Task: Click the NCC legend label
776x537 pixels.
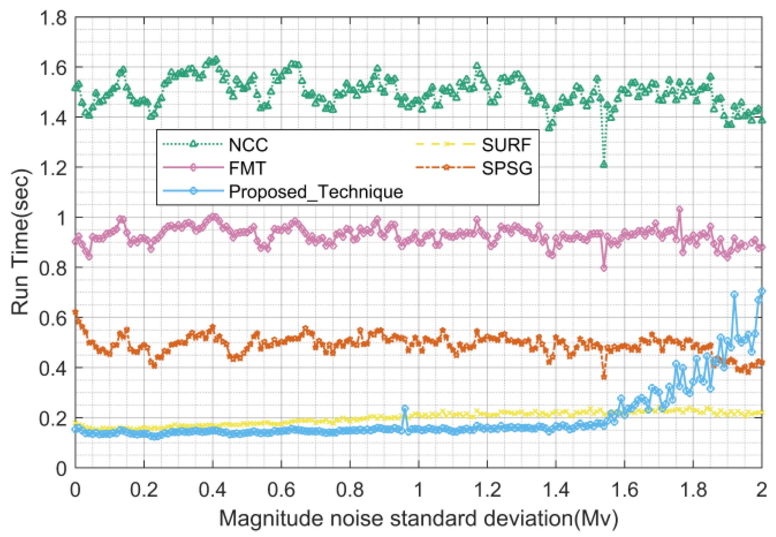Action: [x=248, y=145]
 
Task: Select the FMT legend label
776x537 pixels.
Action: [x=247, y=168]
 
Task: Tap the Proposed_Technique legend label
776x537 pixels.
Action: [x=315, y=192]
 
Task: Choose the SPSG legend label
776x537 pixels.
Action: [x=507, y=168]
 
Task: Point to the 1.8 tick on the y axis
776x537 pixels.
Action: [x=53, y=18]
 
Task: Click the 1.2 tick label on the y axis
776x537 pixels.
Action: [x=53, y=167]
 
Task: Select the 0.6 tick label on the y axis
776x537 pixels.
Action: [x=53, y=318]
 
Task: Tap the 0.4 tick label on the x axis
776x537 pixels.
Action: [x=212, y=490]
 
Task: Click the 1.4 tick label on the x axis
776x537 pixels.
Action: [x=556, y=490]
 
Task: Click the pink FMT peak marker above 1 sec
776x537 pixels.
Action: [x=680, y=209]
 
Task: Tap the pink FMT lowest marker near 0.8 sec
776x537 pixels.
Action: [x=604, y=268]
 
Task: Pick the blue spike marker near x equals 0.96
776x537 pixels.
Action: [x=405, y=409]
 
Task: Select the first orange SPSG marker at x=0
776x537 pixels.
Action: [x=75, y=312]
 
